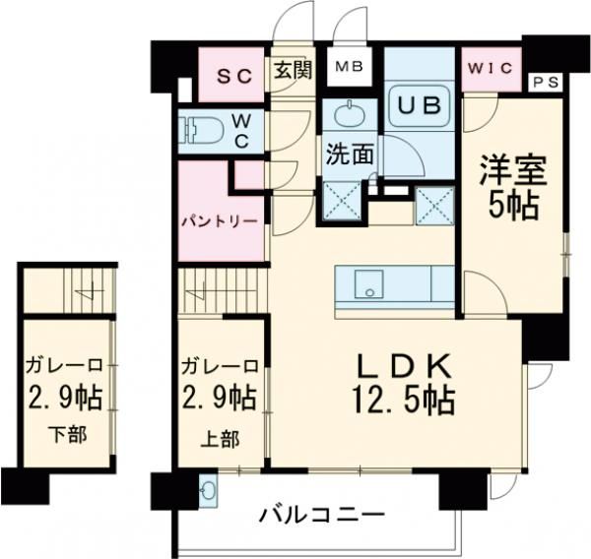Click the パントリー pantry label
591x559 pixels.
219,221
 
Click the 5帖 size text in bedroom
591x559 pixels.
509,205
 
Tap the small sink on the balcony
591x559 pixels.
208,491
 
